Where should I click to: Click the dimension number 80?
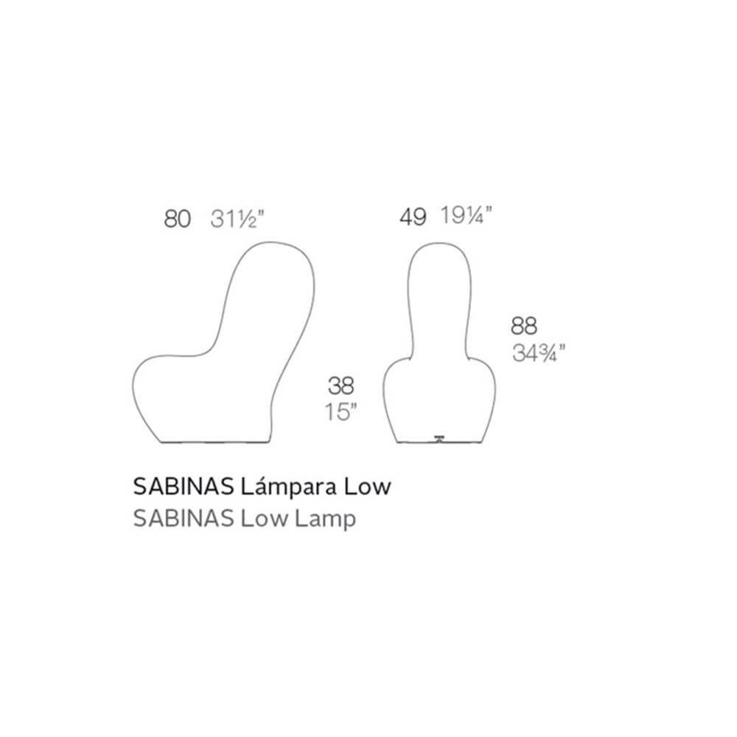[177, 220]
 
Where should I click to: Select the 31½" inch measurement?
[237, 219]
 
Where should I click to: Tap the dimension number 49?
[413, 217]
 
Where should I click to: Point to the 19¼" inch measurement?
[466, 216]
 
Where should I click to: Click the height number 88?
[523, 326]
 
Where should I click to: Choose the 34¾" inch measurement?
[539, 353]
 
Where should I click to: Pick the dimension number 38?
[340, 386]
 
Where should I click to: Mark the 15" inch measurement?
[340, 412]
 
